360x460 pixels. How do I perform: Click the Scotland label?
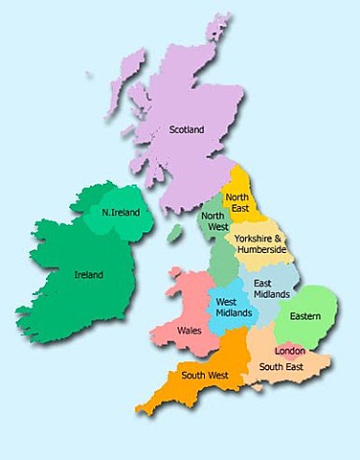click(x=187, y=129)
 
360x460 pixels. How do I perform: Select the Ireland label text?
click(x=88, y=275)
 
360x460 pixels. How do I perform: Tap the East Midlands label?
click(x=266, y=288)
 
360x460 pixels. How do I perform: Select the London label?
click(x=290, y=350)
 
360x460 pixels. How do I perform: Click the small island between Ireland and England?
click(x=174, y=233)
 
